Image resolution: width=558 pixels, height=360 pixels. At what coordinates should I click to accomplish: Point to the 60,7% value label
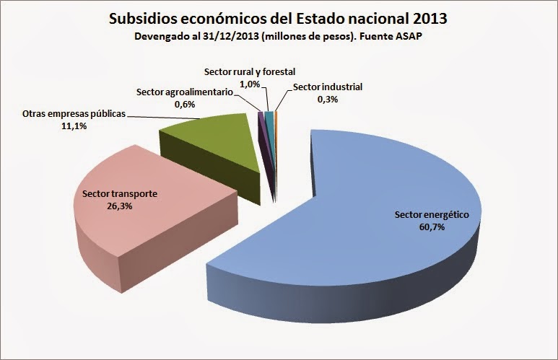(432, 227)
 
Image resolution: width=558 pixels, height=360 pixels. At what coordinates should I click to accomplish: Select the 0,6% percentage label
(183, 104)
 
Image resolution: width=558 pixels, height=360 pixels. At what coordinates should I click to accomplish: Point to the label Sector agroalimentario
(183, 92)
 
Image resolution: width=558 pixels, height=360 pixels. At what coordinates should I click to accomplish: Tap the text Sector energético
(432, 215)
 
